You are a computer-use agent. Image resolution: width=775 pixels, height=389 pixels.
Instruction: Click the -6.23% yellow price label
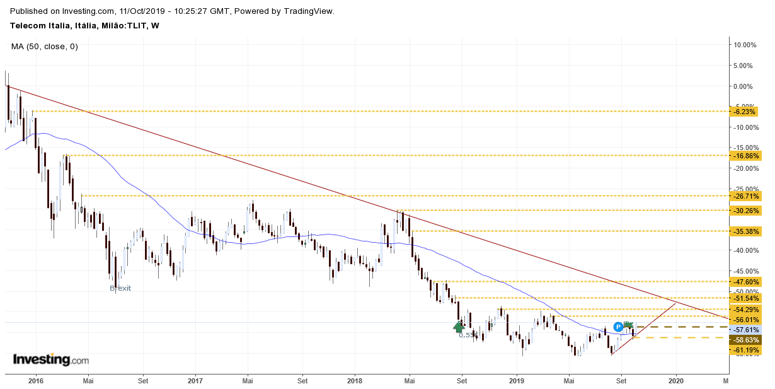point(745,112)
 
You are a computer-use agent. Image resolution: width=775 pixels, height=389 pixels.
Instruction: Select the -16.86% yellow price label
point(745,156)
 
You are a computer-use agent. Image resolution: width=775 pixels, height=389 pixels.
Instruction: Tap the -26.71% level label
point(745,196)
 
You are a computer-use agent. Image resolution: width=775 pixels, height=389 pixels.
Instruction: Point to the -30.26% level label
point(745,211)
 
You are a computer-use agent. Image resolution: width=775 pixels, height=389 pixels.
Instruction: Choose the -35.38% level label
point(745,231)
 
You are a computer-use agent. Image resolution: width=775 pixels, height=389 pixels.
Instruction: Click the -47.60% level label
point(745,282)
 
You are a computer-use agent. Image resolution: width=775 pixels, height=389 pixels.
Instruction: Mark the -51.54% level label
point(745,298)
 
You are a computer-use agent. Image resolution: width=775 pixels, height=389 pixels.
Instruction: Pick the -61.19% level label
point(745,350)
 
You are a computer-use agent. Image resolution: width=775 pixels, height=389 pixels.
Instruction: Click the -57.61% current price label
point(745,330)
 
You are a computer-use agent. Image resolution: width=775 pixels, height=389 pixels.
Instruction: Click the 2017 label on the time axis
point(195,381)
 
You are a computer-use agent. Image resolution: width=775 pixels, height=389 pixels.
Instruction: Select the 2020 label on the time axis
point(675,381)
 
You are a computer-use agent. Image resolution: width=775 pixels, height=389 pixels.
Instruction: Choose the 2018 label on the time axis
point(355,381)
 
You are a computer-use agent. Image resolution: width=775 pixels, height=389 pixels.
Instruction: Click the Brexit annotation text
point(120,288)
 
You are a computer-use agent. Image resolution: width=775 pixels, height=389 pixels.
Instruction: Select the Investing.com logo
point(51,360)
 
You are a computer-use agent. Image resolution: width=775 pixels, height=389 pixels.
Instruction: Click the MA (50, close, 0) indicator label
point(45,46)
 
